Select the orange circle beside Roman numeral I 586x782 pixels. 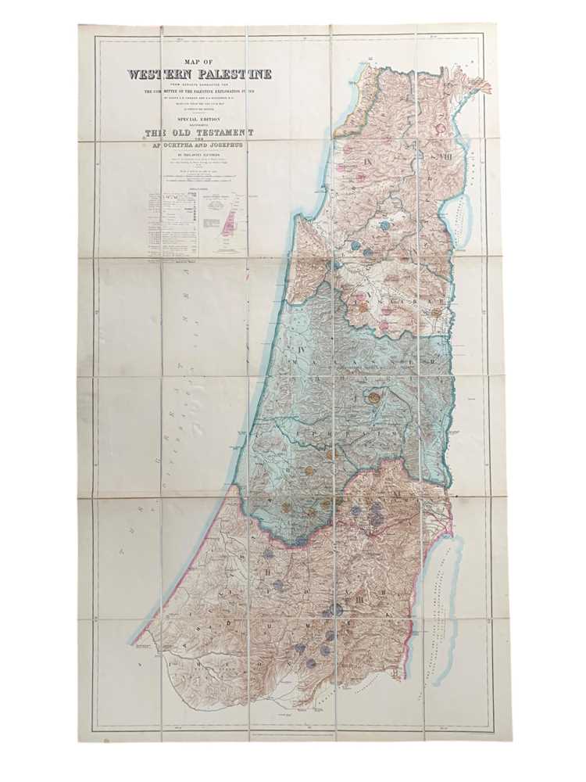[374, 397]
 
